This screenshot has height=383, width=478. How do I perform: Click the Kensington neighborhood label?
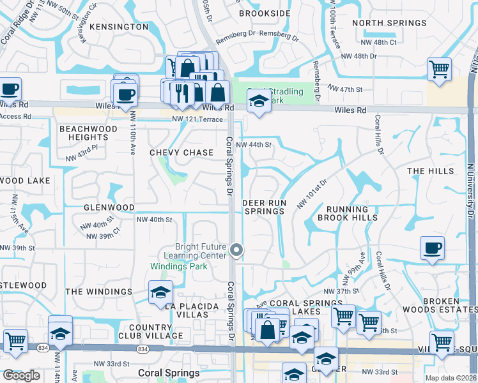coord(119,27)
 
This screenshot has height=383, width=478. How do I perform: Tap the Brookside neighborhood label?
coord(264,13)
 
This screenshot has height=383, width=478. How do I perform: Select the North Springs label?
coord(389,23)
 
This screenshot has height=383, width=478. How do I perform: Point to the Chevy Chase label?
coord(181,153)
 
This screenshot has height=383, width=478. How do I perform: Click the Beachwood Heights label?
coord(88,133)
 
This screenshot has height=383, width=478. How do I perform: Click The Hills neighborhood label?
coord(430,171)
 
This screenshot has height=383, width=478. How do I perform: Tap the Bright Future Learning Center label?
coord(201,251)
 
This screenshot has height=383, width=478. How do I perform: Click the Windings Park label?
coord(178,266)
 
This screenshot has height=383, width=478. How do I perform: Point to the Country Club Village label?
coord(150,331)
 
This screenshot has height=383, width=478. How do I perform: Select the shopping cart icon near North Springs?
coord(439,70)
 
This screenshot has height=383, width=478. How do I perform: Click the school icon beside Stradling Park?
coord(258,101)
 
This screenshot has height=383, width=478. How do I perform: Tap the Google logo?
coord(21,375)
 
